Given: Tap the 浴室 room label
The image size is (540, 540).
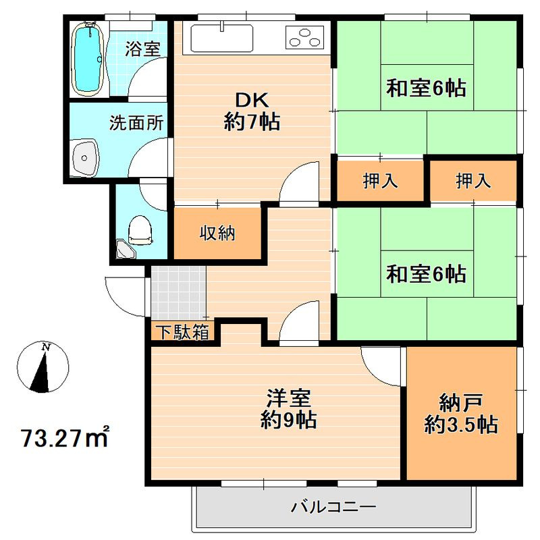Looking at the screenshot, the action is [142, 49].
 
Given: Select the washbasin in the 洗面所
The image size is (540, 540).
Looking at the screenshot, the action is [85, 158].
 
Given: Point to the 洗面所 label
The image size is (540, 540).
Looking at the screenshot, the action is [136, 123].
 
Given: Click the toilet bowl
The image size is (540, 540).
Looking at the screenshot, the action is [140, 230].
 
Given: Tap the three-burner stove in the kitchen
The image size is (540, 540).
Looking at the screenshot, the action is [305, 37].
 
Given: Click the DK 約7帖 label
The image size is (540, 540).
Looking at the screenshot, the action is [252, 111].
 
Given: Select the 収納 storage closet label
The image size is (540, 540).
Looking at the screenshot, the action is [217, 233].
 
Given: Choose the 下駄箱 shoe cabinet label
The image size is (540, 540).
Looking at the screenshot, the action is [183, 332].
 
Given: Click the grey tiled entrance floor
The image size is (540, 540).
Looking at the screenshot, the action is [178, 293].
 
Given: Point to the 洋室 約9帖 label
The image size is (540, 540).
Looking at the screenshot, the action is [289, 409].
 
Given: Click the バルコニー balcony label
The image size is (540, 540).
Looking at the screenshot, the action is [333, 507].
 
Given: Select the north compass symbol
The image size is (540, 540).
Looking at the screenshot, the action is [43, 367].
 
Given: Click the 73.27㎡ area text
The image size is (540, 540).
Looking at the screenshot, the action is [65, 437].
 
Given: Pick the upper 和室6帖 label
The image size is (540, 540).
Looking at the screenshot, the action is [427, 88].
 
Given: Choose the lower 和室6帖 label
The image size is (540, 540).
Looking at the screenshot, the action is [427, 274].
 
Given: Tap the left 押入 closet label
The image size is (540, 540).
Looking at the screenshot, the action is [380, 180].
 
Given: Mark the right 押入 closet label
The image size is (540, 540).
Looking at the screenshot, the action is [473, 180].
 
